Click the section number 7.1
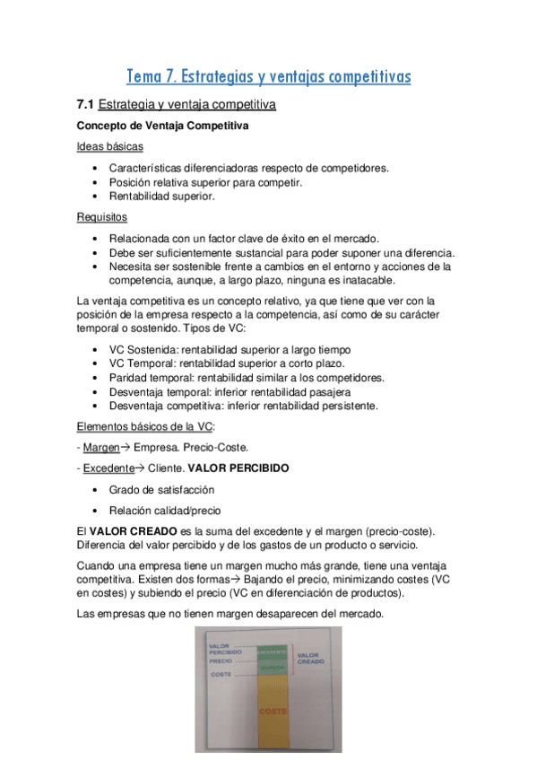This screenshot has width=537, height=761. click(86, 105)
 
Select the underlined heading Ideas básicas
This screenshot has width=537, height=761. click(109, 147)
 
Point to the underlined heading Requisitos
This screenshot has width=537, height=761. click(102, 217)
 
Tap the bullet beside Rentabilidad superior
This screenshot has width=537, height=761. click(96, 197)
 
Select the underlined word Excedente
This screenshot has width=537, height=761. click(108, 468)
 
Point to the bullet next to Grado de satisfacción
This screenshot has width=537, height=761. click(96, 490)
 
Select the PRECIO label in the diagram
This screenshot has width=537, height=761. click(221, 660)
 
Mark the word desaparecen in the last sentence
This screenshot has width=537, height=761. click(266, 614)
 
